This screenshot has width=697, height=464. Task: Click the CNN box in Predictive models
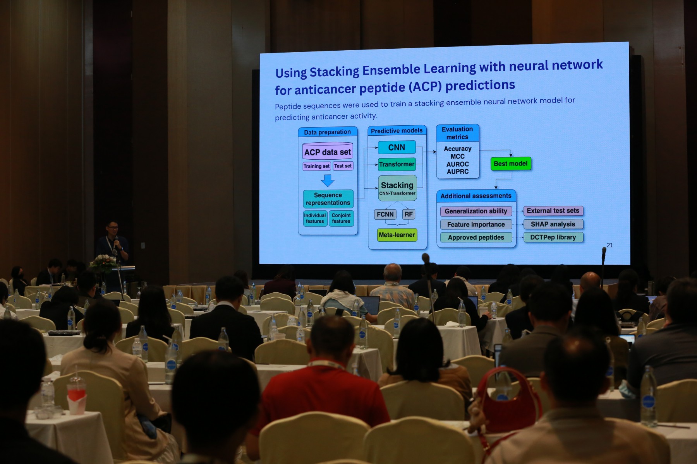397,147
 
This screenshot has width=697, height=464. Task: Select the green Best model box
511,164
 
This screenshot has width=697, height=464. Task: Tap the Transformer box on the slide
397,164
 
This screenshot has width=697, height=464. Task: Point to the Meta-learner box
397,235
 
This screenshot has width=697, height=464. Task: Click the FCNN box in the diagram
385,214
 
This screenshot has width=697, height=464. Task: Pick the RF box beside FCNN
409,214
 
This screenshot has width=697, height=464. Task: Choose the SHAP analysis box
553,224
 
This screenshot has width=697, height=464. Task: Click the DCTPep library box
553,237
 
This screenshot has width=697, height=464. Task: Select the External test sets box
553,211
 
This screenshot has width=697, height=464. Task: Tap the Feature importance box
476,224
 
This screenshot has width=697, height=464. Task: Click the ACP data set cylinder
328,151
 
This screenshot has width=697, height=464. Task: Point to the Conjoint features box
341,218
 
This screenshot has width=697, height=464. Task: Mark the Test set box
343,166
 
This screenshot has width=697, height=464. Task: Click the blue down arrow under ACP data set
328,181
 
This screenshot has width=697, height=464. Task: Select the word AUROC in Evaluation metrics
458,164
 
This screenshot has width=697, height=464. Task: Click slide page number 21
610,245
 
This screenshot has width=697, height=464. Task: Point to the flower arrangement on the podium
103,263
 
